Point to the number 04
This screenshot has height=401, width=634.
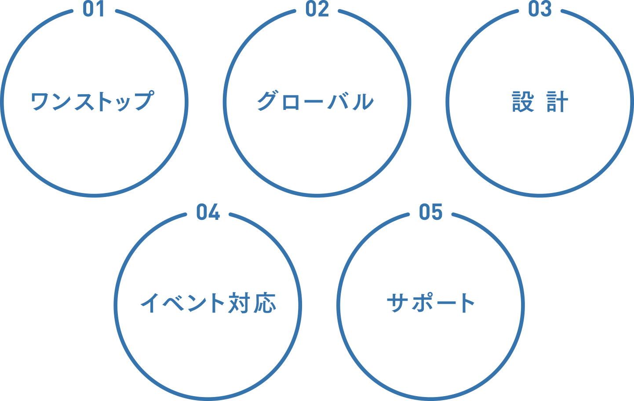[x=208, y=211]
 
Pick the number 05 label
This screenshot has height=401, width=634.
[x=430, y=211]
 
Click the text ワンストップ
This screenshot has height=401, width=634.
[x=92, y=101]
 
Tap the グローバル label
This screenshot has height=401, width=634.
[x=315, y=101]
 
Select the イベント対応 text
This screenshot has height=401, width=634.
[x=208, y=303]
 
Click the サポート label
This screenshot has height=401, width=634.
[x=430, y=303]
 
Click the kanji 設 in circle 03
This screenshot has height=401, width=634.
[x=523, y=102]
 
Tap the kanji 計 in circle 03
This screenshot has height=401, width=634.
[x=557, y=102]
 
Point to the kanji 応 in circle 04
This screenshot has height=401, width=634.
[x=265, y=303]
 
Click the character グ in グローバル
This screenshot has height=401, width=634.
[x=267, y=101]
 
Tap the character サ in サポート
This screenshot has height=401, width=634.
[x=397, y=303]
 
